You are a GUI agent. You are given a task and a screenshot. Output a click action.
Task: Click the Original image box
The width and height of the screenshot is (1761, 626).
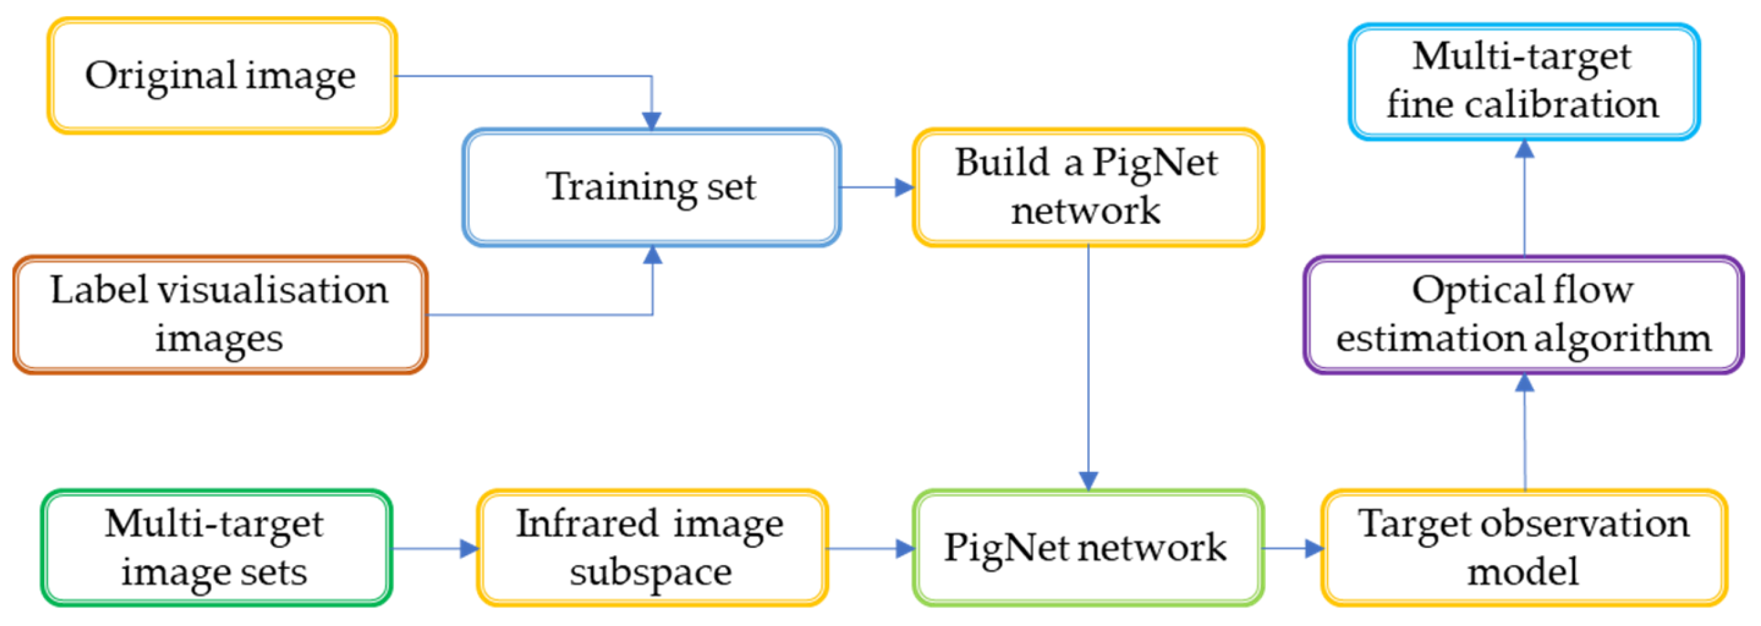pos(222,75)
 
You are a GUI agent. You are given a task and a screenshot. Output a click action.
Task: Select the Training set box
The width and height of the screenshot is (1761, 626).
pos(651,186)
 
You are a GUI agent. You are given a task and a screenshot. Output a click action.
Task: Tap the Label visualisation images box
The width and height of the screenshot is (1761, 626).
pos(220,314)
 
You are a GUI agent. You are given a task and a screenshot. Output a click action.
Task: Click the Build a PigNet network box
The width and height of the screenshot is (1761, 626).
pos(1087,186)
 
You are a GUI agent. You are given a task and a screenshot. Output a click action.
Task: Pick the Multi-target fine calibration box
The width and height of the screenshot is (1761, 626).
pos(1523,81)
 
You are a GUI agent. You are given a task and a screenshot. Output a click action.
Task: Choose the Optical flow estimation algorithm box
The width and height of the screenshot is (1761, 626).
pos(1523,314)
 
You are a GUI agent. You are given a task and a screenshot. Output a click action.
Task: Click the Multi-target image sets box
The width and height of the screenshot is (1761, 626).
pos(215,547)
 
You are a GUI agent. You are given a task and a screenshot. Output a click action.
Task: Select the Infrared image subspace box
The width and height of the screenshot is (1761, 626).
pos(651,547)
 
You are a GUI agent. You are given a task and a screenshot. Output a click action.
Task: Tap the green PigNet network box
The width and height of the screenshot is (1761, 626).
pos(1087,547)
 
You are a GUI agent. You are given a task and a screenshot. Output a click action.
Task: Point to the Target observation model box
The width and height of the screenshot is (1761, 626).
pos(1523,547)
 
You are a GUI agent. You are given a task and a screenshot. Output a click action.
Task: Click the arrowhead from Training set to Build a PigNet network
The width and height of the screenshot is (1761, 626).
pos(904,187)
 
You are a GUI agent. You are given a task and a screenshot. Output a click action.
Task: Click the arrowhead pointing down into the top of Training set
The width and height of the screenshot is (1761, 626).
pos(652,121)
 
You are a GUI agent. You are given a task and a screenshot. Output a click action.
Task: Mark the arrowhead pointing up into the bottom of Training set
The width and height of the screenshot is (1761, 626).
pos(653,255)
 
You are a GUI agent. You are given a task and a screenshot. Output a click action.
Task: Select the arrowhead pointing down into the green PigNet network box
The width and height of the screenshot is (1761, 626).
pos(1088,481)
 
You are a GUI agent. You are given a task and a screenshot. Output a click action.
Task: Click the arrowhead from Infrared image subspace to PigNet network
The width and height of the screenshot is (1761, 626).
pos(905,548)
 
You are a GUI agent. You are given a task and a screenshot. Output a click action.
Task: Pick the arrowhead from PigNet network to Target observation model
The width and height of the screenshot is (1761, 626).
pos(1313,548)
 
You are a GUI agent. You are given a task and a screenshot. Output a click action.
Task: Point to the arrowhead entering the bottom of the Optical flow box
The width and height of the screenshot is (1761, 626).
pos(1524,383)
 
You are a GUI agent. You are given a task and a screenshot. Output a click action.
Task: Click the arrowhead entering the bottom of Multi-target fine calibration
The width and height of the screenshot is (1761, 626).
pos(1524,149)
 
